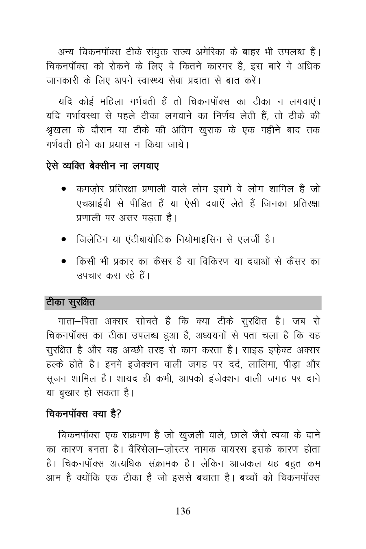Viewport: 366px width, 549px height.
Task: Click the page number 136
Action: (x=183, y=512)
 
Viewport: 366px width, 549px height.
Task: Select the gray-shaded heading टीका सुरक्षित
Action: (x=70, y=303)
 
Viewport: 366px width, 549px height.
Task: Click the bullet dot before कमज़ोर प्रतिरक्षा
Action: (x=64, y=190)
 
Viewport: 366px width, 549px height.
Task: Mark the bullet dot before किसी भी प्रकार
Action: (x=64, y=261)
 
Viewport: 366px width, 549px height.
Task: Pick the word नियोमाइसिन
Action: (x=200, y=239)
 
